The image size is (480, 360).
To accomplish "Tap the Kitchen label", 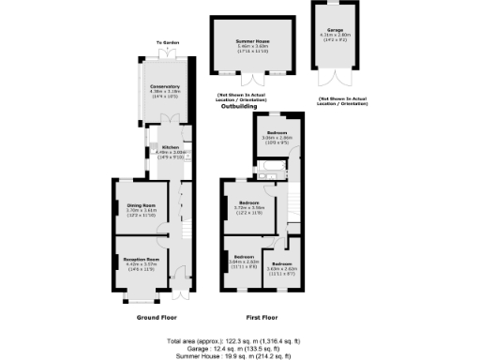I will (x=170, y=147).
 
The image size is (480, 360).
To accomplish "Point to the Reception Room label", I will (x=140, y=259).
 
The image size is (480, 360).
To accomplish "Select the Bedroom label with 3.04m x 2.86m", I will (x=275, y=133).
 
